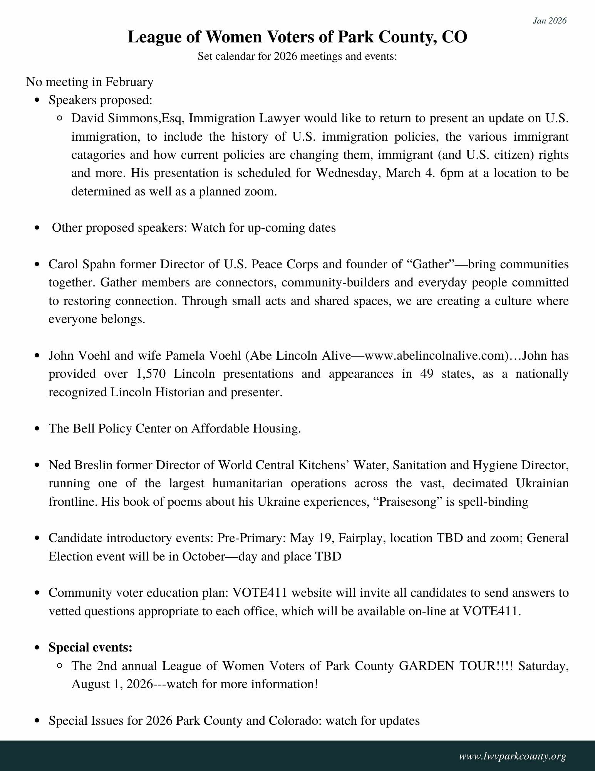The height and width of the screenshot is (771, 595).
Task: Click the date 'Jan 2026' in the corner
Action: tap(550, 21)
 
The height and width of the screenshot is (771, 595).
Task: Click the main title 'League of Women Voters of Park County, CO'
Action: tap(297, 38)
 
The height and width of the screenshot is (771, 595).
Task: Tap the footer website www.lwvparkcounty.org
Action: tap(512, 756)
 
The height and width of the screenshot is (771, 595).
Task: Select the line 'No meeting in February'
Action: tap(89, 82)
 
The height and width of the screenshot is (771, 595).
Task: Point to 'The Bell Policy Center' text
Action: tap(109, 429)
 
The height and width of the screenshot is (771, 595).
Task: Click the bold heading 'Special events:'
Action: tap(91, 648)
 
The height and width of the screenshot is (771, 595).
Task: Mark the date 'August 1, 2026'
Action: tap(112, 684)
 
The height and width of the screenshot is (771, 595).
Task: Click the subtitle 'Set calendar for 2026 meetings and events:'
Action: tap(297, 57)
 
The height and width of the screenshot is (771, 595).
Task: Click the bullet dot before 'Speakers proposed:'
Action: tap(37, 101)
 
